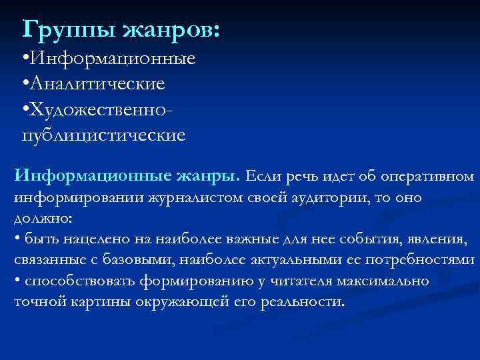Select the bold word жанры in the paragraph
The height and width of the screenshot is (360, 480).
click(x=205, y=177)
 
